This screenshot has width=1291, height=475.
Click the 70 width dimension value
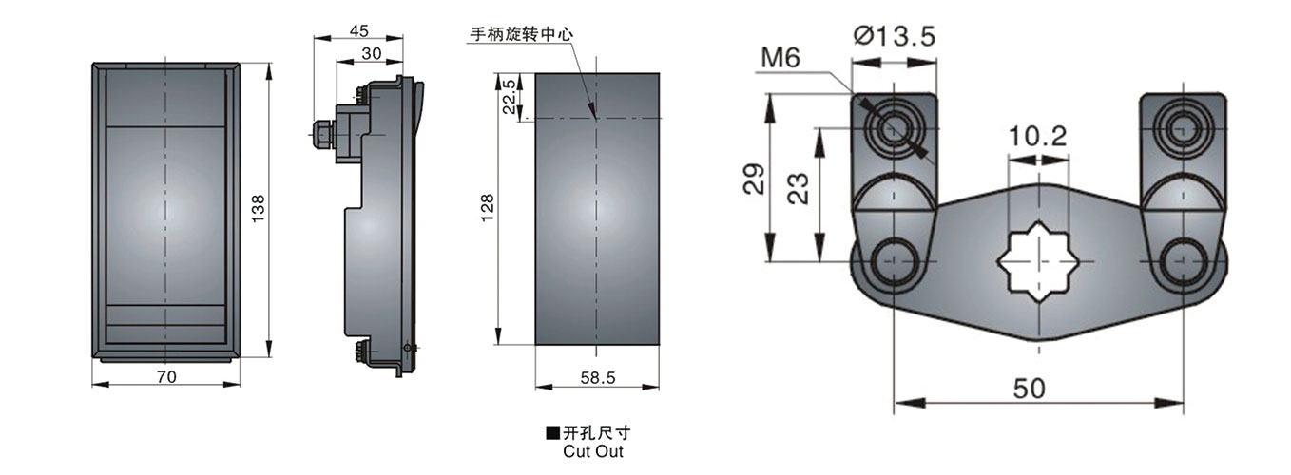click(x=165, y=377)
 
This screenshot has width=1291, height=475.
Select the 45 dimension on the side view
click(x=358, y=30)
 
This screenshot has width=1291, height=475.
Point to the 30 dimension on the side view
click(x=372, y=53)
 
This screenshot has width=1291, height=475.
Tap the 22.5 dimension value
click(x=510, y=96)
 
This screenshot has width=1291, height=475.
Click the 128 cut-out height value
click(x=487, y=209)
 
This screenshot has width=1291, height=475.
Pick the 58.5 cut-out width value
click(x=597, y=377)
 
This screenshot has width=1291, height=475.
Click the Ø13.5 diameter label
click(x=895, y=36)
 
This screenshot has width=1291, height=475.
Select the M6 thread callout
click(x=780, y=58)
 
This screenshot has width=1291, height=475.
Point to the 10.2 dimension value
click(x=1038, y=136)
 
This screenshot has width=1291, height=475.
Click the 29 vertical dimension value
click(x=753, y=179)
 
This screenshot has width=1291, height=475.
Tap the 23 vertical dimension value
click(x=799, y=187)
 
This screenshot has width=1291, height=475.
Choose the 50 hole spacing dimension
click(x=1030, y=388)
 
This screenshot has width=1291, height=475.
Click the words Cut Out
click(x=593, y=451)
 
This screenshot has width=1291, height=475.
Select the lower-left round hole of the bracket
click(x=895, y=261)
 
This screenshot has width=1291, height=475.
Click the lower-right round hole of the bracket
click(x=1184, y=261)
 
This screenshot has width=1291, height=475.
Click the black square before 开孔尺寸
click(x=552, y=433)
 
